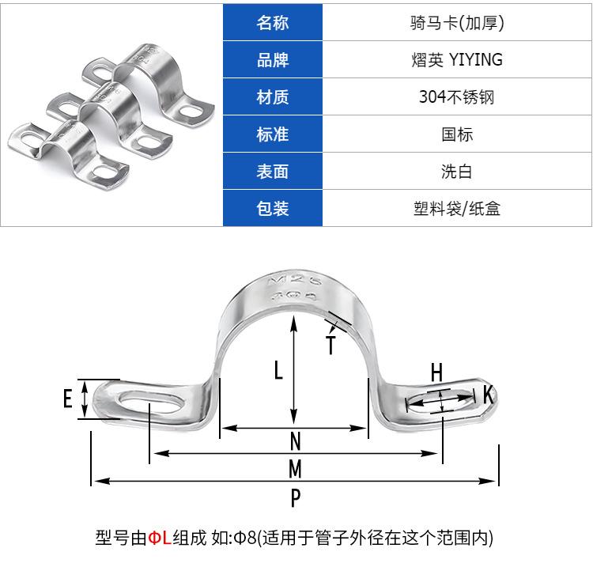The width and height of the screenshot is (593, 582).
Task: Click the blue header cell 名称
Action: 272,22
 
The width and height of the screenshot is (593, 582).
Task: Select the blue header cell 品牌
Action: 272,60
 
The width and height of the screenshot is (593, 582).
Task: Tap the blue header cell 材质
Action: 272,96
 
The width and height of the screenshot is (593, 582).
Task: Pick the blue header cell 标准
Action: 272,134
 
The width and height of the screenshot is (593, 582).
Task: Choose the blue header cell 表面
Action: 272,172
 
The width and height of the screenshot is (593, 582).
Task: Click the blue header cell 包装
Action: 272,209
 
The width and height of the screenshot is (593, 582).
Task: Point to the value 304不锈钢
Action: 456,96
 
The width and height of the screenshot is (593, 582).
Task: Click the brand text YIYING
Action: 476,60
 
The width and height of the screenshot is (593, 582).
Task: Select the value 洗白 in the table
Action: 456,172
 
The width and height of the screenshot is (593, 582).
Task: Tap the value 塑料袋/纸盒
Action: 456,209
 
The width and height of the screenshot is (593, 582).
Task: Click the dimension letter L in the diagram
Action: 278,369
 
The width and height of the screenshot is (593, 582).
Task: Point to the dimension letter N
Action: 296,441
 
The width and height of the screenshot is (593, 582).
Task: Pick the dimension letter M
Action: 296,469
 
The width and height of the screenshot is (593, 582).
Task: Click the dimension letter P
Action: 296,497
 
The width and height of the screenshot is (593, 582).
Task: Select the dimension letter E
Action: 68,399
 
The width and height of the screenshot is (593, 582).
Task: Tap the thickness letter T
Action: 331,345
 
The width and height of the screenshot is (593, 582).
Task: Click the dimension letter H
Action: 436,372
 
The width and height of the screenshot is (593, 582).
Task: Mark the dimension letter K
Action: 489,395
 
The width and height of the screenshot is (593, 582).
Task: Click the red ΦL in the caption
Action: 160,538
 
